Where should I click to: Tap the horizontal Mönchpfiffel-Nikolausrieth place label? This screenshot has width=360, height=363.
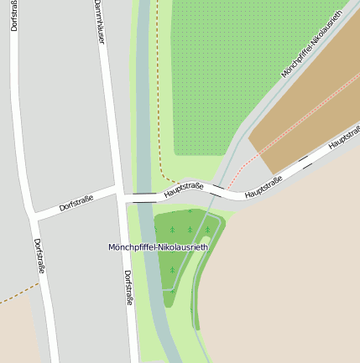[x=159, y=246]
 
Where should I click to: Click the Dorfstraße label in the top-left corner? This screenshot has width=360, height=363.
[x=14, y=15]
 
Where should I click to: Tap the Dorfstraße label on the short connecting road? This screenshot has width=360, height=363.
[x=76, y=204]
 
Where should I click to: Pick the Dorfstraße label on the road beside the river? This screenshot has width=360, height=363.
[x=128, y=287]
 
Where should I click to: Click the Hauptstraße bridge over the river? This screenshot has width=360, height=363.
[x=144, y=197]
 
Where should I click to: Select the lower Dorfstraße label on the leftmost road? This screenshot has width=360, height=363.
[x=39, y=257]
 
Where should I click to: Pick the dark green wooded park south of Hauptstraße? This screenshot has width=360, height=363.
[x=180, y=243]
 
